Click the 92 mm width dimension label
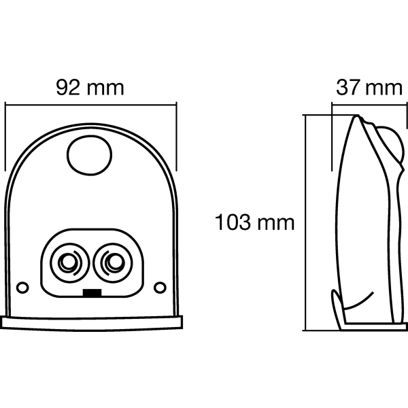(x=90, y=88)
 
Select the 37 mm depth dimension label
(x=369, y=88)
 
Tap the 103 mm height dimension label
(x=254, y=222)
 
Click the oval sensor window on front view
(x=90, y=155)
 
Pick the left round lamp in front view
(x=69, y=262)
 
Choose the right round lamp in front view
(x=113, y=262)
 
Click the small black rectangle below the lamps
(x=92, y=292)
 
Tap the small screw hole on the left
(x=22, y=288)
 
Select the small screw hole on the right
(x=160, y=288)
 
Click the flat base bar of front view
(x=91, y=323)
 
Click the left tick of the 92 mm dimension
(x=5, y=137)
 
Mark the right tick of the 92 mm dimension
(x=176, y=137)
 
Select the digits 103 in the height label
(x=233, y=222)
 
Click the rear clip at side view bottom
(x=337, y=309)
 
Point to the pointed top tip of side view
(x=357, y=116)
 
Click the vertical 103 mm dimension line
(x=305, y=223)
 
